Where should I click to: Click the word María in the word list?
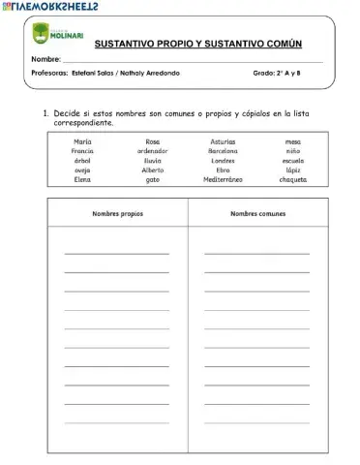point(82,141)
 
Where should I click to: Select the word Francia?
point(82,151)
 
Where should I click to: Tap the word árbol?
point(82,161)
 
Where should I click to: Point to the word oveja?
point(82,170)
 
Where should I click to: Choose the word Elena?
point(82,179)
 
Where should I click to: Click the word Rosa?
point(152,141)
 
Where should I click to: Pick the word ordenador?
point(152,151)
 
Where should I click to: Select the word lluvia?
point(152,161)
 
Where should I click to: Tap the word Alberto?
point(152,170)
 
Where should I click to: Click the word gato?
point(152,179)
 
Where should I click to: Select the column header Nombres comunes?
point(258,213)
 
